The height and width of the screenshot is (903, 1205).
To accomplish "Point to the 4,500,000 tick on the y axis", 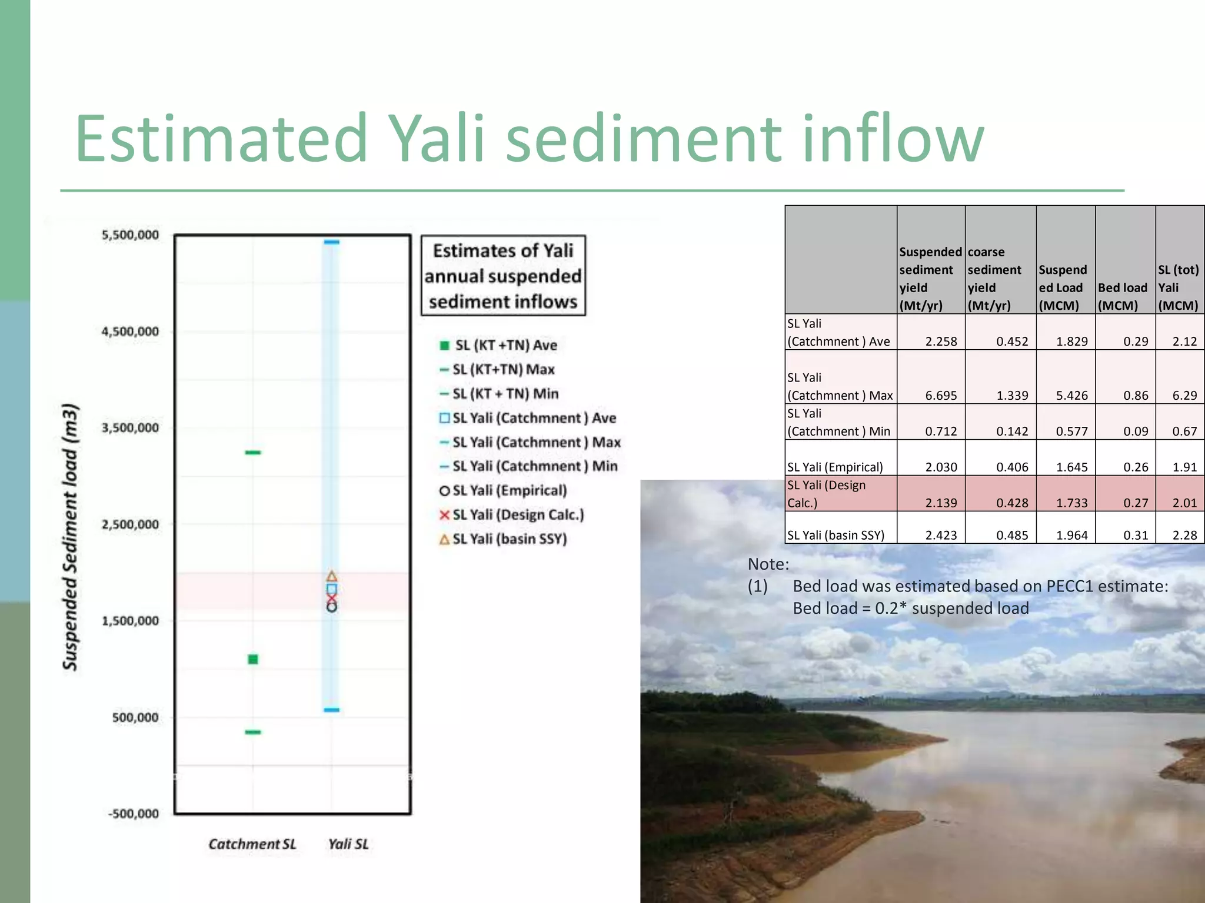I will point(130,332).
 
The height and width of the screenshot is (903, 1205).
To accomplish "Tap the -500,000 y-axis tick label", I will point(134,814).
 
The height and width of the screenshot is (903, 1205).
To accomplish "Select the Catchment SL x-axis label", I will point(252,844).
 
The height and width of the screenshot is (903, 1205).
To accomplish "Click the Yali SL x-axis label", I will point(348,844).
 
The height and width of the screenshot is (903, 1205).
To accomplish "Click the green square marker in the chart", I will point(253,660).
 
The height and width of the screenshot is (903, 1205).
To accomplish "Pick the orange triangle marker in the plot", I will point(332,576).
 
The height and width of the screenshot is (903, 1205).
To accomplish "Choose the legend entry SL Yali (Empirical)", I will point(510,490).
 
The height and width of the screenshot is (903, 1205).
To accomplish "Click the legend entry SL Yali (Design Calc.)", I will point(518,515).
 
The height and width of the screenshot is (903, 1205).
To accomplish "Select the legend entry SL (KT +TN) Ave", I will point(505,345).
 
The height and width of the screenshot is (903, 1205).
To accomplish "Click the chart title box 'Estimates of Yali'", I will point(503,276).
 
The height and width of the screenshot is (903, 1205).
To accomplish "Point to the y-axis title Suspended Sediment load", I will point(71,536).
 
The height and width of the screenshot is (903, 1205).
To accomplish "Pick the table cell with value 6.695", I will point(941,396).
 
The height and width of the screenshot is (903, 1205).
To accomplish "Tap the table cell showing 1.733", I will point(1071,503).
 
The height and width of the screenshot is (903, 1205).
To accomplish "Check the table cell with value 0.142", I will point(1012,432).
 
